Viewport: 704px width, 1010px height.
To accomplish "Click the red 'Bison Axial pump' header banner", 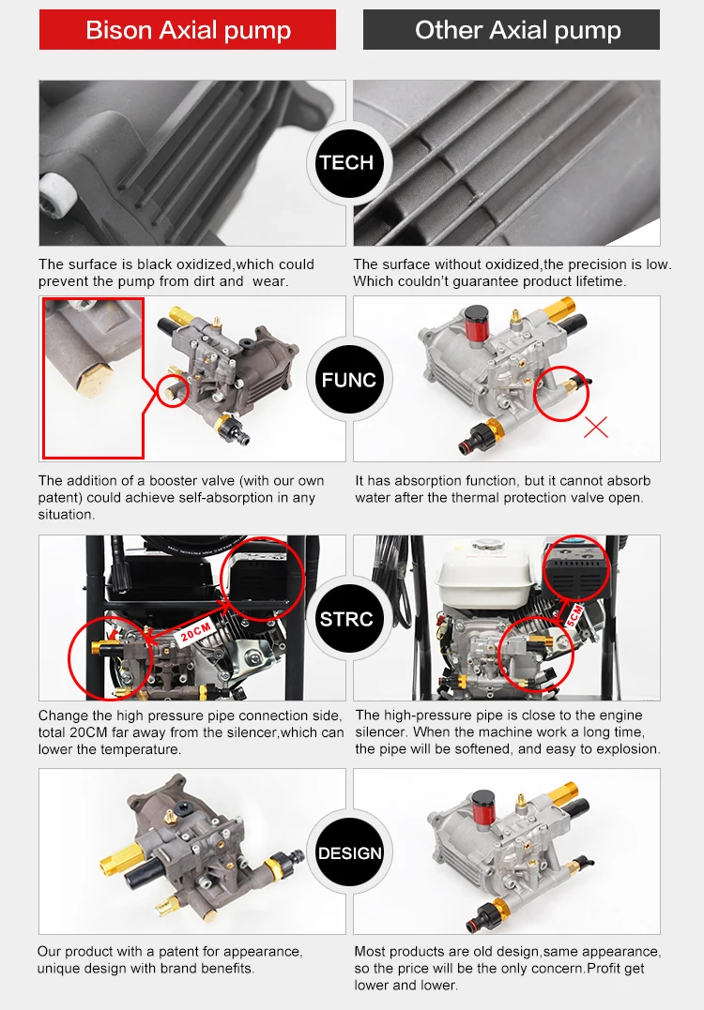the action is [x=188, y=30].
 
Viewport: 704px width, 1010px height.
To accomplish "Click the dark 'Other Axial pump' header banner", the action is [x=512, y=30].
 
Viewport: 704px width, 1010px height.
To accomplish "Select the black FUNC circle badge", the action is [x=349, y=380].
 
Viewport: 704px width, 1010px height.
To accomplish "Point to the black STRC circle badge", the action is [x=347, y=619].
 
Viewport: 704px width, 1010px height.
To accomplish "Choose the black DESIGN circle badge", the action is [x=350, y=853].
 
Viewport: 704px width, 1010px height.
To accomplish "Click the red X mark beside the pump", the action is [x=596, y=427].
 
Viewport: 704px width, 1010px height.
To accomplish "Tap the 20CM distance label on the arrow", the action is [x=195, y=632].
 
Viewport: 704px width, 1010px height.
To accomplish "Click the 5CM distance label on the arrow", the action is [x=574, y=616].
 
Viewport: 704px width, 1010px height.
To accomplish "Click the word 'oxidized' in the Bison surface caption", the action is [x=205, y=264].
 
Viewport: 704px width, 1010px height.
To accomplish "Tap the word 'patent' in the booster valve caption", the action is [x=60, y=498].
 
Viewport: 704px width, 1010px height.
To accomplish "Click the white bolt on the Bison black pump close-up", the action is [x=54, y=195].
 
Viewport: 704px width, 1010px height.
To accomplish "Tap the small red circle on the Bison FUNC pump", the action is [x=173, y=390].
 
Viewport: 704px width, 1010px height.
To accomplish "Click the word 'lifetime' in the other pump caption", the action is [x=599, y=281].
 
